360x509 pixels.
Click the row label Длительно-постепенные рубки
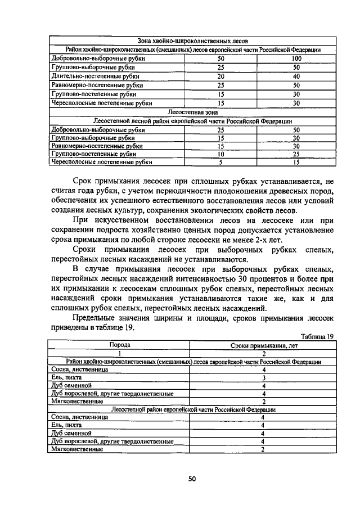click(x=95, y=76)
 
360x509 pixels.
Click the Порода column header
click(x=119, y=345)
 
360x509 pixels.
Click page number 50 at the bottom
click(x=191, y=479)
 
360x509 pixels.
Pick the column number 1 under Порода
click(x=119, y=353)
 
